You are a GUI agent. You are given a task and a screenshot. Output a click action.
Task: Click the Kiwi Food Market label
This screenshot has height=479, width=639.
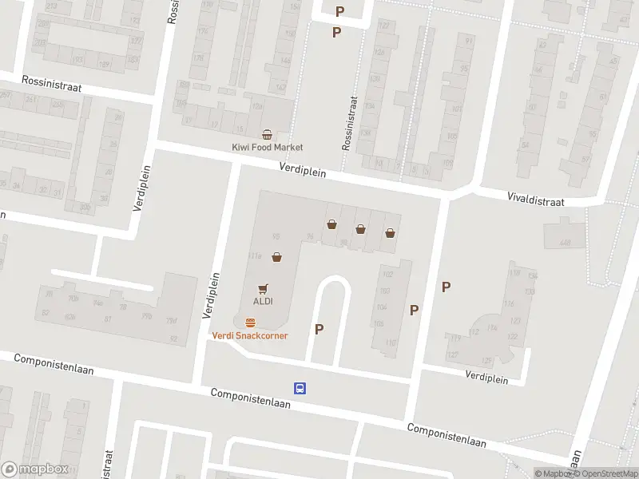pyautogui.click(x=268, y=148)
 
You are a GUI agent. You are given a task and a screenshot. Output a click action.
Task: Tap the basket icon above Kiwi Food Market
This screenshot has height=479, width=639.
pyautogui.click(x=268, y=134)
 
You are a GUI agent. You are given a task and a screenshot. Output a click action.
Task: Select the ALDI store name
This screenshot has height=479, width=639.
pyautogui.click(x=264, y=301)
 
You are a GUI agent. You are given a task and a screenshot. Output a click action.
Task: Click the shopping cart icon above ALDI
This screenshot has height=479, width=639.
pyautogui.click(x=263, y=288)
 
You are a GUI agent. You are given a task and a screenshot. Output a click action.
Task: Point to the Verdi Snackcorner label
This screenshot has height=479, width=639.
pyautogui.click(x=250, y=335)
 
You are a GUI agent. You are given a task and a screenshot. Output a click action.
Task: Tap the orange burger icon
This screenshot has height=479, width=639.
pyautogui.click(x=250, y=323)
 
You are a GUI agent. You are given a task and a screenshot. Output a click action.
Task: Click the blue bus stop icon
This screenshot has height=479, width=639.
pyautogui.click(x=300, y=389)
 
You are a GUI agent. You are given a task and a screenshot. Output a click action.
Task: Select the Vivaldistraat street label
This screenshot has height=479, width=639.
pyautogui.click(x=536, y=199)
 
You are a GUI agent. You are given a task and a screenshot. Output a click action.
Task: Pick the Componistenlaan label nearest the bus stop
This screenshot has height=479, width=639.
pyautogui.click(x=250, y=398)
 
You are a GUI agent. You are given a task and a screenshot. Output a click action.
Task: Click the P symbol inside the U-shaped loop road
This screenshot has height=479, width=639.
pyautogui.click(x=319, y=329)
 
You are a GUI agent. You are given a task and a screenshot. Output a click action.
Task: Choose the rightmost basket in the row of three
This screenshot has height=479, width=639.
pyautogui.click(x=390, y=233)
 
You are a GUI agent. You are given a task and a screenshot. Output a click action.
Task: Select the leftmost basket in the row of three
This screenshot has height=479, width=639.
pyautogui.click(x=331, y=225)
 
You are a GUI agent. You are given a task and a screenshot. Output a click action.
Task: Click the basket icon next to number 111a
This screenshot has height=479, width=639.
pyautogui.click(x=276, y=257)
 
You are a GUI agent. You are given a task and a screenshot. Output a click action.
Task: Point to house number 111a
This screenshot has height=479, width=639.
pyautogui.click(x=255, y=256)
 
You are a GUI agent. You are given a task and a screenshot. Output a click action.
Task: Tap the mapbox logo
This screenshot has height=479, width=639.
pyautogui.click(x=35, y=469)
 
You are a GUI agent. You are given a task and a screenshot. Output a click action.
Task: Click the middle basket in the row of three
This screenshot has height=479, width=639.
pyautogui.click(x=361, y=229)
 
